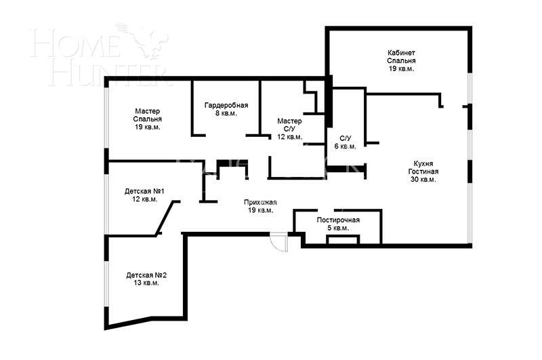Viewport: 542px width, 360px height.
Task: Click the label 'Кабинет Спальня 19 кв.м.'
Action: (x=401, y=60)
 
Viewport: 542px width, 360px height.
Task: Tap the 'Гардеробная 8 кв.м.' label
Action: (x=226, y=109)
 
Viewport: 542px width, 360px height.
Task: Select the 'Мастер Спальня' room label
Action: (x=147, y=119)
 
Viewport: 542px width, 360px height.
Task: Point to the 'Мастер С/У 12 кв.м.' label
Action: (x=290, y=128)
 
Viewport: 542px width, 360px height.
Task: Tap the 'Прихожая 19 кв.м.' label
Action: (x=260, y=205)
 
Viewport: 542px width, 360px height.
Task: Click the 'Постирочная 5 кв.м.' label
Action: (x=337, y=224)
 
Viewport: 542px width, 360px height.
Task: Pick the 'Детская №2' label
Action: (x=146, y=279)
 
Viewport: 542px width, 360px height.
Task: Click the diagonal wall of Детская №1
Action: (x=167, y=218)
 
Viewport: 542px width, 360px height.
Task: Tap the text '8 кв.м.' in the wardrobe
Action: (x=226, y=114)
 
